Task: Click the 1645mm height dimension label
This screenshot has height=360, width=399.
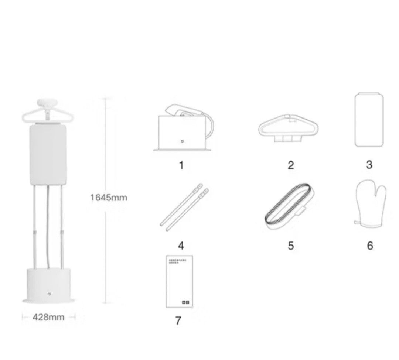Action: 109,198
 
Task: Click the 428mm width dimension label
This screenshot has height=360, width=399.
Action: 48,317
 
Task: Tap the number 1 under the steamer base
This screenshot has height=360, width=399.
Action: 181,165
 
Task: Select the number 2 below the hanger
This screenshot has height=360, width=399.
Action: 291,165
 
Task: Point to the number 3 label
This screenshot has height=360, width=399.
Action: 369,165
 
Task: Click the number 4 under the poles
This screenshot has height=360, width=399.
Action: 181,246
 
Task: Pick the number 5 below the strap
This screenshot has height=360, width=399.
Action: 291,246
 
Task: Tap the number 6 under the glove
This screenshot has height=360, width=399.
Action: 370,246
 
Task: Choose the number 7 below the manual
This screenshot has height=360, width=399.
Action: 178,321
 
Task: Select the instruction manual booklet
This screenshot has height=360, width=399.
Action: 179,281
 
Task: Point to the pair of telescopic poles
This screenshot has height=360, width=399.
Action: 184,207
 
